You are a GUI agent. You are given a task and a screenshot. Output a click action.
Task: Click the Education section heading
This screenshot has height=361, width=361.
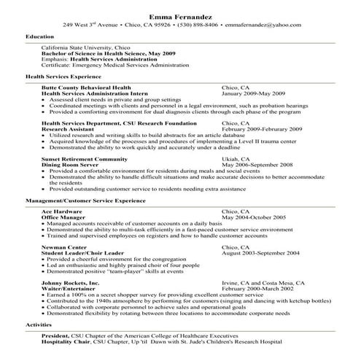[39, 35]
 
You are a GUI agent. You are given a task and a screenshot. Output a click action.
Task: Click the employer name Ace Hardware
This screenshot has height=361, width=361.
[61, 211]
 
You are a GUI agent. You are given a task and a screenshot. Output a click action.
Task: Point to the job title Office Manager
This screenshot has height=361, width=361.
[62, 217]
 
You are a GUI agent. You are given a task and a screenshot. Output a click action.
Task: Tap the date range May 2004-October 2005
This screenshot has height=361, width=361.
[254, 217]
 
